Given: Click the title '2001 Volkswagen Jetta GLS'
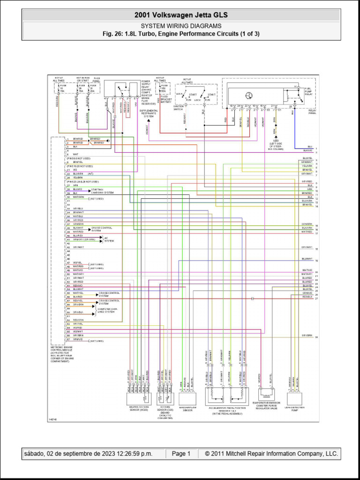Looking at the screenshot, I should point(181,15).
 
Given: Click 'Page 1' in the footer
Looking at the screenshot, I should point(181,454).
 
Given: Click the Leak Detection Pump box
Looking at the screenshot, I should point(294,398).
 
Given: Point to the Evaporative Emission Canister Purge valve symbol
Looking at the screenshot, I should point(266,394).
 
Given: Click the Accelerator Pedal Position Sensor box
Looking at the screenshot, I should point(228,398).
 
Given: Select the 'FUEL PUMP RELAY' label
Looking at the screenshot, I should point(308,91).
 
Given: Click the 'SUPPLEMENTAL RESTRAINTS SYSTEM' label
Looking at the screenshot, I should point(149,113).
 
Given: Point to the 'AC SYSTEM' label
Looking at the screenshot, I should point(108,240).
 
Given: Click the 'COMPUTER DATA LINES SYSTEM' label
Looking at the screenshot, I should point(108,310).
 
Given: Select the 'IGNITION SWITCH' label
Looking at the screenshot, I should point(179,108).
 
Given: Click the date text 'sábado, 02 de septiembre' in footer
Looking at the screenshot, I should point(87,454).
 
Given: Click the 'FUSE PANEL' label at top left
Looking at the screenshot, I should point(97,79).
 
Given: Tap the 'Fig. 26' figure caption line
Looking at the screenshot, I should point(181,34).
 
